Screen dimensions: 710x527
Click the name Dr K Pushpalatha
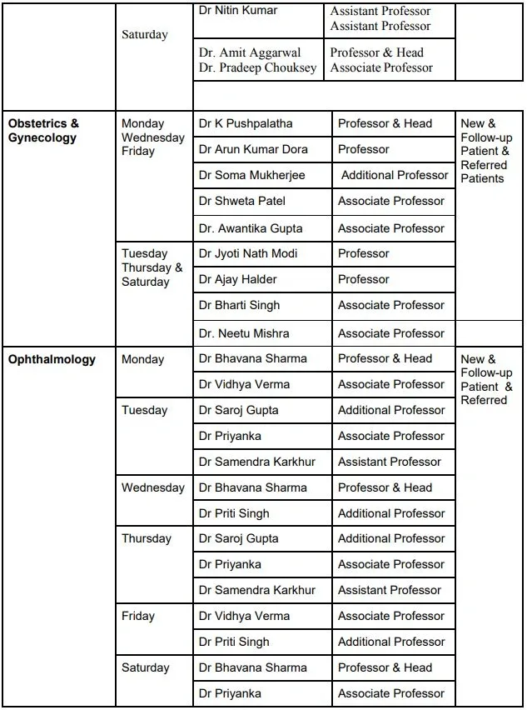click(x=246, y=123)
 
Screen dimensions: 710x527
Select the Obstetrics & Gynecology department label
click(x=43, y=131)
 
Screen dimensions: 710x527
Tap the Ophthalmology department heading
click(x=52, y=360)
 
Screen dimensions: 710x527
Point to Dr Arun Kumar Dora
click(x=253, y=149)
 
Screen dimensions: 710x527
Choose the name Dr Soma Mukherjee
click(x=251, y=175)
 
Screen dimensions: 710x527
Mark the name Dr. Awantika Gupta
click(x=251, y=228)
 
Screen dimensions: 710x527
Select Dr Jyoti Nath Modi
click(x=248, y=253)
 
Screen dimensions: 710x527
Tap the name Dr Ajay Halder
click(x=238, y=279)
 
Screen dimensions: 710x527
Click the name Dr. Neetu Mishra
click(x=244, y=333)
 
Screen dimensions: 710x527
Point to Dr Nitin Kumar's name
click(x=238, y=11)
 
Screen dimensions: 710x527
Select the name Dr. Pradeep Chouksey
click(x=258, y=68)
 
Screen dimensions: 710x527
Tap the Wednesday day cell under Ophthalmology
click(x=153, y=487)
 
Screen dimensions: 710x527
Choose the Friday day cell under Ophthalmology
click(x=138, y=616)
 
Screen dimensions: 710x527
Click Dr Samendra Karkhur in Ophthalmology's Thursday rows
click(x=257, y=590)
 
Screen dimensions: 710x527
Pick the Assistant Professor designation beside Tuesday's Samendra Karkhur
click(x=390, y=462)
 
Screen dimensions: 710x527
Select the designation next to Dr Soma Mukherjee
click(x=395, y=175)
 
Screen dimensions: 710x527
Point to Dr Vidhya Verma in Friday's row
click(x=244, y=616)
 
